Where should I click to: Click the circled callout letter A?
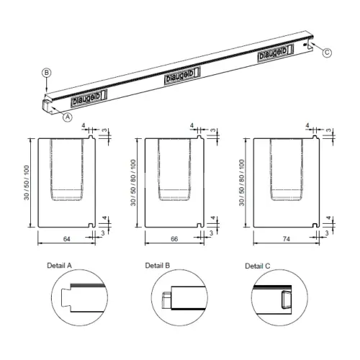click(x=68, y=117)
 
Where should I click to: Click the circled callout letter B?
click(x=47, y=73)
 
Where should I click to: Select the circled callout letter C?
click(x=327, y=53)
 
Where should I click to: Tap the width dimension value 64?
click(x=66, y=239)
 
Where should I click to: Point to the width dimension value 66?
click(x=174, y=239)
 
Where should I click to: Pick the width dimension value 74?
click(x=287, y=239)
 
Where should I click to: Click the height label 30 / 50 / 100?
click(x=27, y=183)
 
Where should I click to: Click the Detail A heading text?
click(x=59, y=266)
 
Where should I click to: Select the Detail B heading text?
click(x=158, y=266)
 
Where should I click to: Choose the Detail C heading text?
click(x=258, y=266)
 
